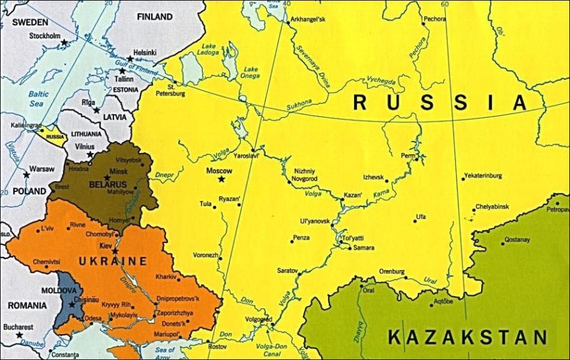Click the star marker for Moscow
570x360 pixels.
[x=222, y=179]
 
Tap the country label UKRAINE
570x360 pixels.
[x=113, y=261]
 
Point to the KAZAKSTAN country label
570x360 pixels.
[x=467, y=337]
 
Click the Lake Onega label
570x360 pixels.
[x=251, y=72]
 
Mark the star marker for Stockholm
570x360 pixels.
[x=64, y=43]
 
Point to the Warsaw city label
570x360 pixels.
[x=42, y=169]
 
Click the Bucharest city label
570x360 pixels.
[x=19, y=327]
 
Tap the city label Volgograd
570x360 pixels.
[x=258, y=318]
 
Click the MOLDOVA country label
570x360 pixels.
[x=58, y=291]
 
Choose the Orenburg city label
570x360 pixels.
[x=391, y=271]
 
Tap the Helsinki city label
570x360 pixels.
[x=144, y=53]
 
